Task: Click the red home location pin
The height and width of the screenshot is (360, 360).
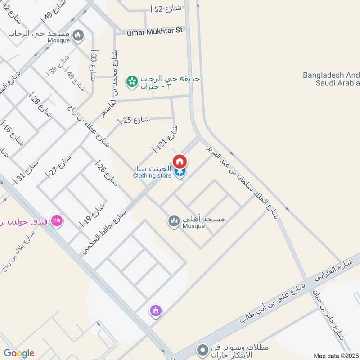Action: [180, 161]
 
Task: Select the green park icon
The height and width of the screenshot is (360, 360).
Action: [132, 81]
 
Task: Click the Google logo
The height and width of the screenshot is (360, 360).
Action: [19, 353]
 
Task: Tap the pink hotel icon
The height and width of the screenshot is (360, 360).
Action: [57, 220]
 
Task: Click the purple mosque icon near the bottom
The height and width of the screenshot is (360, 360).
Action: [156, 310]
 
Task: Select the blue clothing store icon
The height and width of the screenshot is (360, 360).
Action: [180, 172]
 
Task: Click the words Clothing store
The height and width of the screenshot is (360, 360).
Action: [152, 175]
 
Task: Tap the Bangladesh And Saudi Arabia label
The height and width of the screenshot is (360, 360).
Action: [331, 79]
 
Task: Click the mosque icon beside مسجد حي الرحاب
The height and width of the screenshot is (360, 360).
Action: [78, 35]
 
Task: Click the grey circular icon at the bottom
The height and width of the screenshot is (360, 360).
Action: [203, 349]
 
